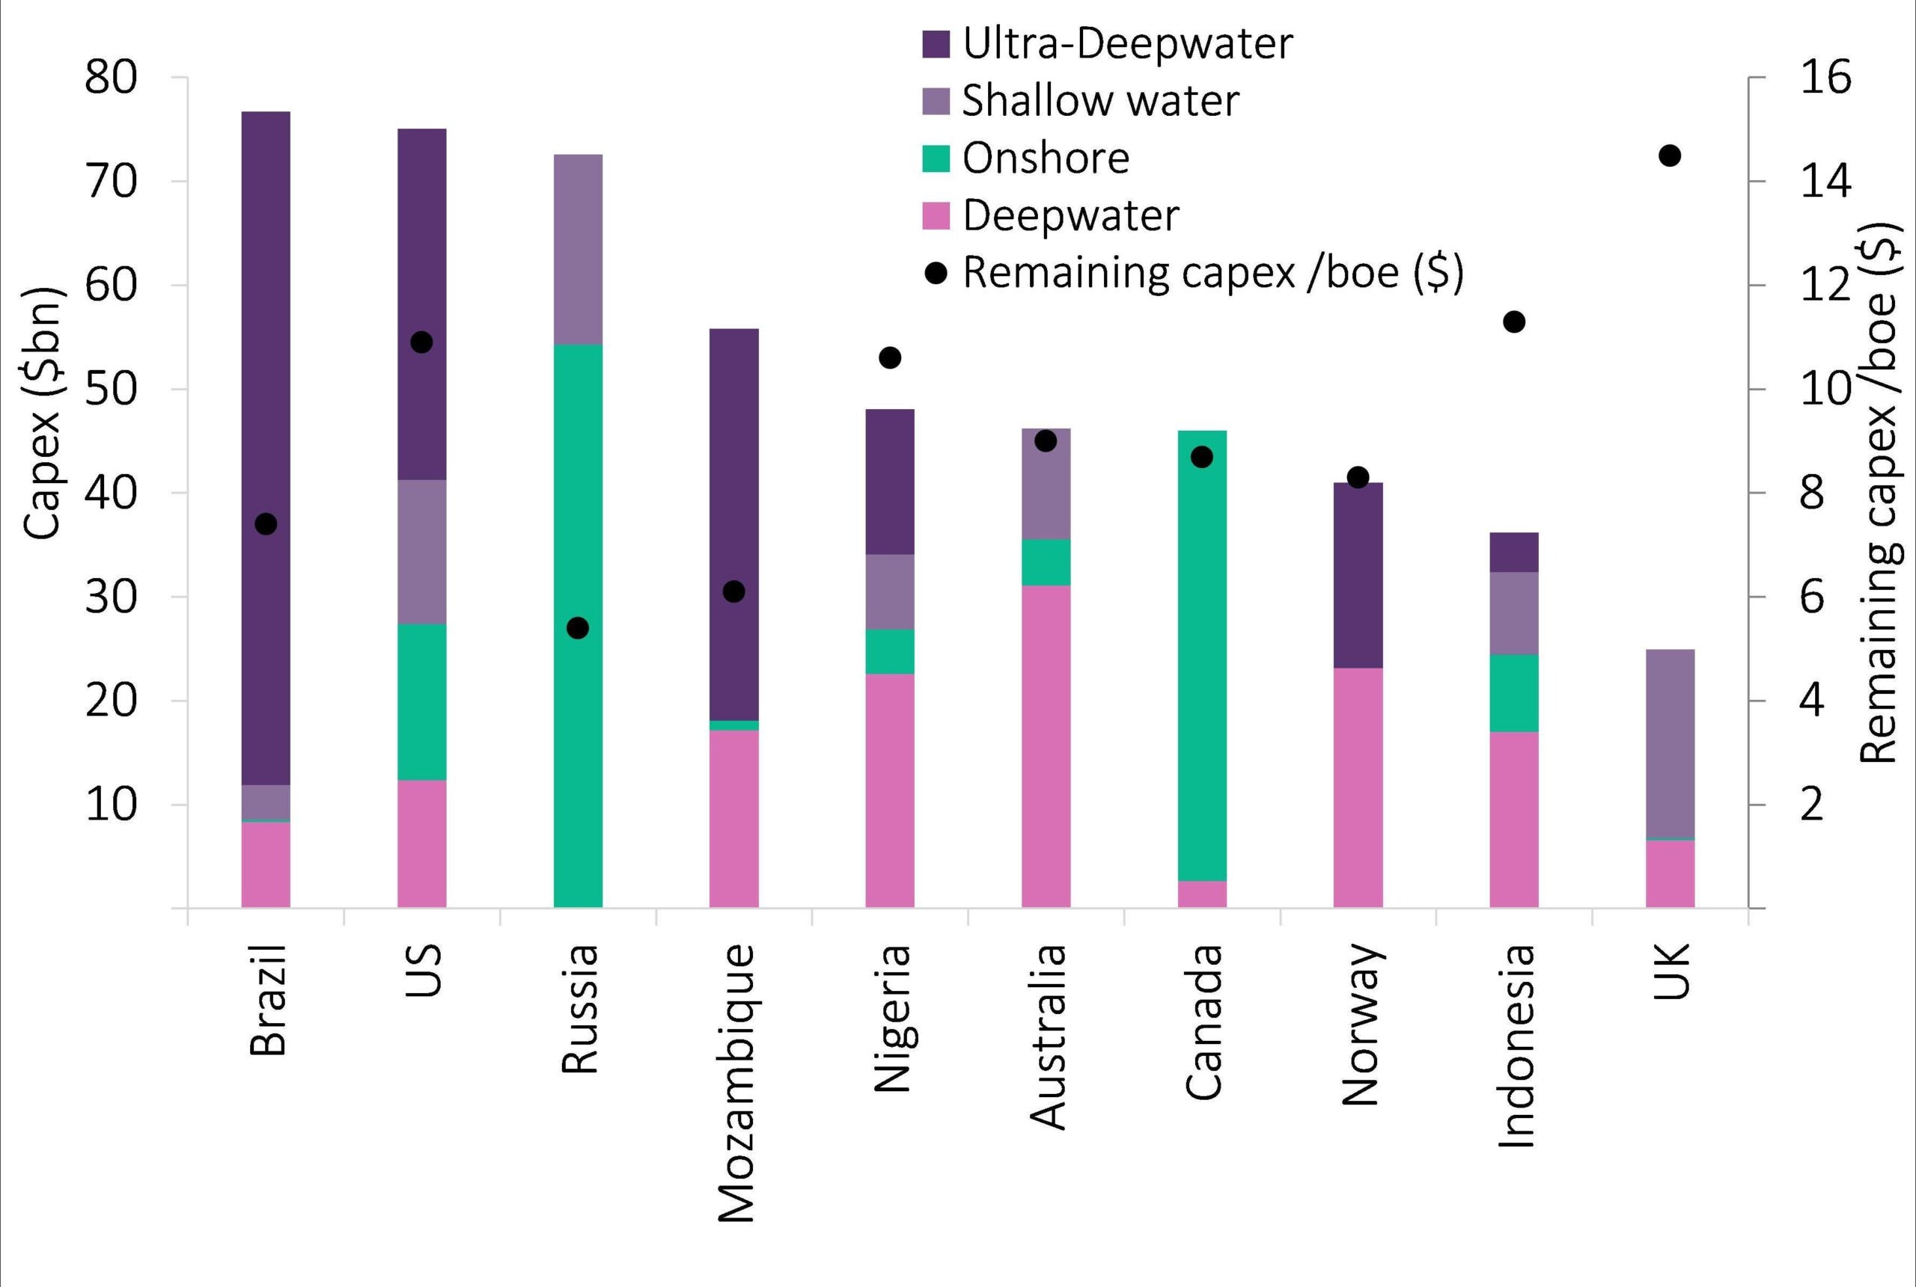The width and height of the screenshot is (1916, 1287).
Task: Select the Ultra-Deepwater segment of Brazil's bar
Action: pyautogui.click(x=265, y=369)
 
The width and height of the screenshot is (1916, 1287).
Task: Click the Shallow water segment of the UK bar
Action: pyautogui.click(x=1670, y=743)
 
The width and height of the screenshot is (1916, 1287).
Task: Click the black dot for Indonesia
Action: pyautogui.click(x=1513, y=322)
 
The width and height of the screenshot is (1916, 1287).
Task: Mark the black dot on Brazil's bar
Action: pyautogui.click(x=265, y=523)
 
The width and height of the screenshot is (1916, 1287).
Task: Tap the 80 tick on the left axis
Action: pyautogui.click(x=110, y=79)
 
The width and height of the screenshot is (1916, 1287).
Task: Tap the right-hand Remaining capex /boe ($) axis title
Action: pyautogui.click(x=1881, y=493)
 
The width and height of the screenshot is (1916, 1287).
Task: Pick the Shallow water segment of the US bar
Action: pyautogui.click(x=421, y=552)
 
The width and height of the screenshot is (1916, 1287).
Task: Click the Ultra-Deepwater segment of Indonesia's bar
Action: pyautogui.click(x=1513, y=553)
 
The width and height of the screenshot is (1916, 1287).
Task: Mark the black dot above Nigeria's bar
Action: pyautogui.click(x=889, y=358)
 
